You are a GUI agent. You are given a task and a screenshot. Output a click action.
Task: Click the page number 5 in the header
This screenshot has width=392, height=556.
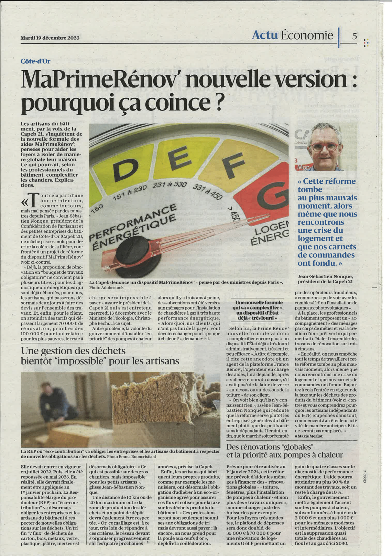click(x=355, y=35)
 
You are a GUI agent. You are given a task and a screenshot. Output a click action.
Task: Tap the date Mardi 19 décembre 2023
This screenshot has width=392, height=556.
click(x=50, y=38)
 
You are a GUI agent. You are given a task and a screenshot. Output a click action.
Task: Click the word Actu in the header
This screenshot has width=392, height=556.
click(x=264, y=35)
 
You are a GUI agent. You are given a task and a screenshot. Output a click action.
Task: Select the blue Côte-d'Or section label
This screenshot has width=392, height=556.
click(x=35, y=61)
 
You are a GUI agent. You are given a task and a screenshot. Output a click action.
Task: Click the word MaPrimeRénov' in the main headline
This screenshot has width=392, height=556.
click(x=101, y=80)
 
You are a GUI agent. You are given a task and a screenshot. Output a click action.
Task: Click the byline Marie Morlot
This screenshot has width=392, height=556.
click(x=310, y=436)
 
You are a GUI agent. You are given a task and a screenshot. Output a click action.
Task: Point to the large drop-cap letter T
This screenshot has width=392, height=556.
click(x=33, y=200)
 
